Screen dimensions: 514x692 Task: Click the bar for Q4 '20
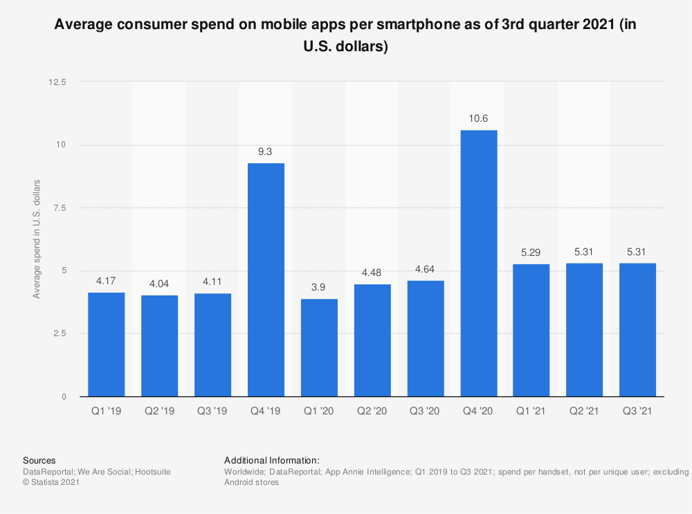pos(479,263)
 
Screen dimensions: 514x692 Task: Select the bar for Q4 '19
pos(266,279)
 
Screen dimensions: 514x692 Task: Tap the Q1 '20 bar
pos(319,347)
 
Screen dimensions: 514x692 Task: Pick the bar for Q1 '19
pos(107,345)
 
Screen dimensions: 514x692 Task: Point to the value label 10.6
pos(479,118)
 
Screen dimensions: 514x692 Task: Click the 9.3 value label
pos(266,152)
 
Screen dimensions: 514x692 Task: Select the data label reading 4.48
pos(372,273)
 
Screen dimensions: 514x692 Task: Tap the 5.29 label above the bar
pos(531,253)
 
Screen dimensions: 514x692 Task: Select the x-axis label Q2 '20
pos(372,411)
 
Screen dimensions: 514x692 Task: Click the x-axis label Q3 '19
pos(212,411)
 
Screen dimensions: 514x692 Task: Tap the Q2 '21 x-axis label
pos(585,411)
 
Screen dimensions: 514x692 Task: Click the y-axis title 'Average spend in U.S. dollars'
pos(36,239)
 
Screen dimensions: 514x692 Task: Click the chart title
pos(346,36)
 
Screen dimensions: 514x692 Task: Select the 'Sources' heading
pos(39,460)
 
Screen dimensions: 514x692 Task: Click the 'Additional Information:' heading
pos(271,460)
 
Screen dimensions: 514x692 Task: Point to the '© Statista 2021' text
pos(51,483)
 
